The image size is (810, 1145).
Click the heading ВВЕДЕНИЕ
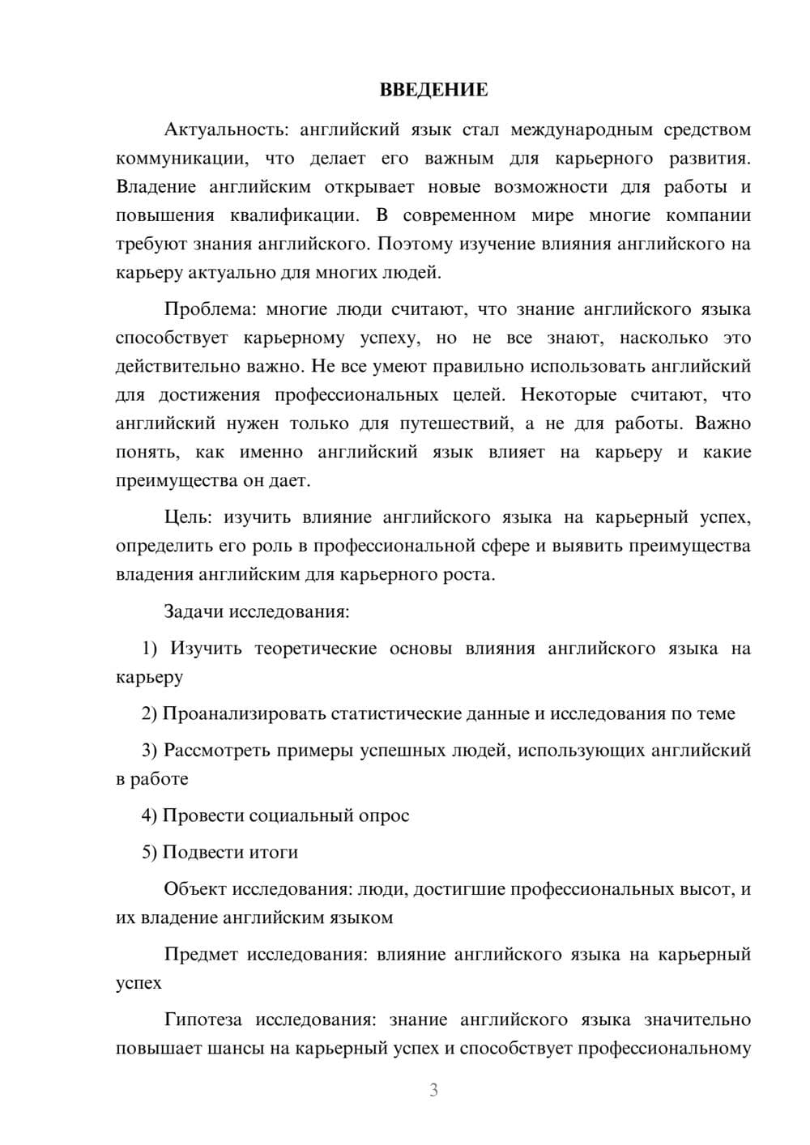pyautogui.click(x=433, y=90)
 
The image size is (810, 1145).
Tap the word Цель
pyautogui.click(x=187, y=517)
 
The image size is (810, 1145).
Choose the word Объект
pyautogui.click(x=195, y=889)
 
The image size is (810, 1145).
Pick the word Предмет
pyautogui.click(x=201, y=955)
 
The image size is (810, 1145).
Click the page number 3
pyautogui.click(x=433, y=1091)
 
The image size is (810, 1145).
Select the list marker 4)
pyautogui.click(x=150, y=815)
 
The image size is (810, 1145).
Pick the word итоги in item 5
pyautogui.click(x=277, y=852)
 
